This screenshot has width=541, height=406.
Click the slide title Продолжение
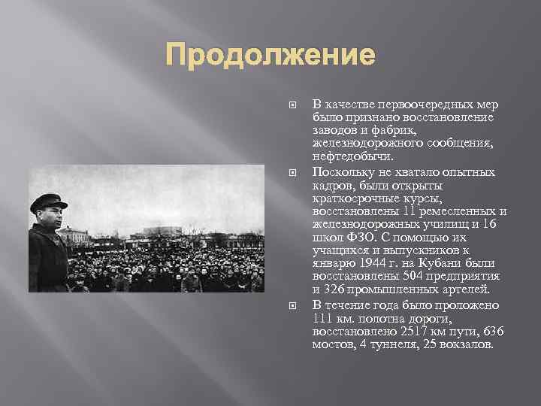coord(270,55)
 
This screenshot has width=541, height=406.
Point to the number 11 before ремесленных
coord(389,211)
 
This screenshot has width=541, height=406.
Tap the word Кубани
coord(441,264)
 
